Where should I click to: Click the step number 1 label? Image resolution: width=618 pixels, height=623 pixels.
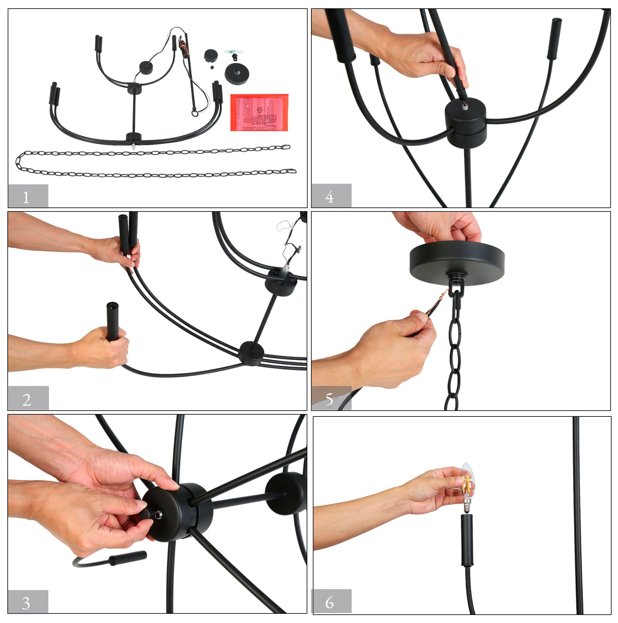[x=28, y=196]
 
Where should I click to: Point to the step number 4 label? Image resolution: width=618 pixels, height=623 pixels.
[x=331, y=196]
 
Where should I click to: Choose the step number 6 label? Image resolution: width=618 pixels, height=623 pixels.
[x=331, y=602]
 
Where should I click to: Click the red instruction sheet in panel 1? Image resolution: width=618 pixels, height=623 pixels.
[x=259, y=112]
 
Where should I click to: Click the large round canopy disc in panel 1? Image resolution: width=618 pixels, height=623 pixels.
[x=237, y=74]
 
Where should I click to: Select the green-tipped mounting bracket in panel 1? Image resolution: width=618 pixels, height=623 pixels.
[x=233, y=53]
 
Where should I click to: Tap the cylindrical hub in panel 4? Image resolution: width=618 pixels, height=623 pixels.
[x=466, y=122]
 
